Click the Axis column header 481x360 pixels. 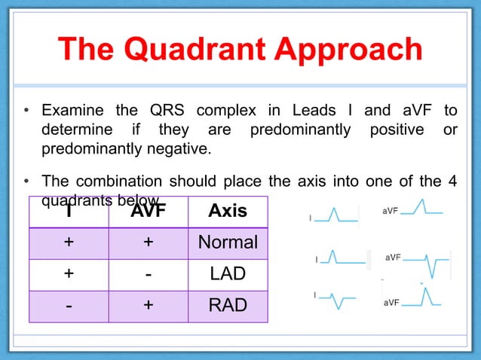point(227,210)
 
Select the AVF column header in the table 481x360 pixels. point(148,210)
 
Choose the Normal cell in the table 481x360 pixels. point(227,243)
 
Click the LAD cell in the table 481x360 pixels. point(227,274)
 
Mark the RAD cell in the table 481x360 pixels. point(227,306)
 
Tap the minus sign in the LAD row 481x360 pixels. point(148,274)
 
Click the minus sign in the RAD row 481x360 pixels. point(69,306)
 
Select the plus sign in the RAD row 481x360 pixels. point(148,306)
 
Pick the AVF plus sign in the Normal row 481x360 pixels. point(148,243)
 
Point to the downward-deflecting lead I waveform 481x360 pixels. point(341,301)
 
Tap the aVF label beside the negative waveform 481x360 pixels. point(393,258)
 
